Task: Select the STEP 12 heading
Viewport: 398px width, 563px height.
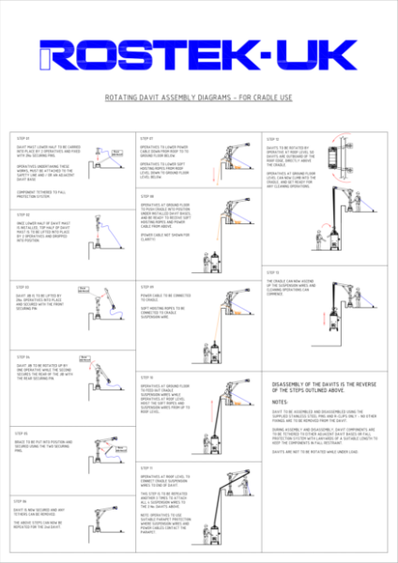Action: [272, 138]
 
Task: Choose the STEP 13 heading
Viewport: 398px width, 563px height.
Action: [272, 270]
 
